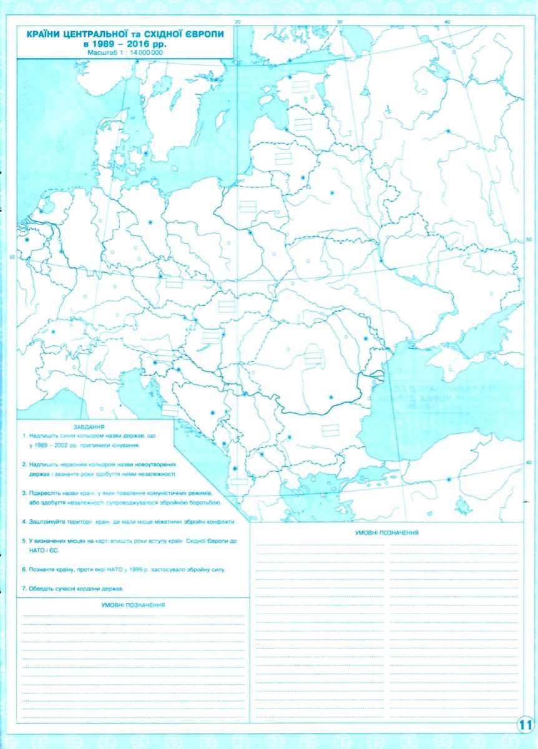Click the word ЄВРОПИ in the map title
(203, 36)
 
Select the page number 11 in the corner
(524, 725)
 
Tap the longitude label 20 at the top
(237, 22)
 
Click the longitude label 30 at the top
(340, 22)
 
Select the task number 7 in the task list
(22, 589)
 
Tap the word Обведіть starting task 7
(39, 589)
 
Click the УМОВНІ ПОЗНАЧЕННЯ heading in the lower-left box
(132, 605)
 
